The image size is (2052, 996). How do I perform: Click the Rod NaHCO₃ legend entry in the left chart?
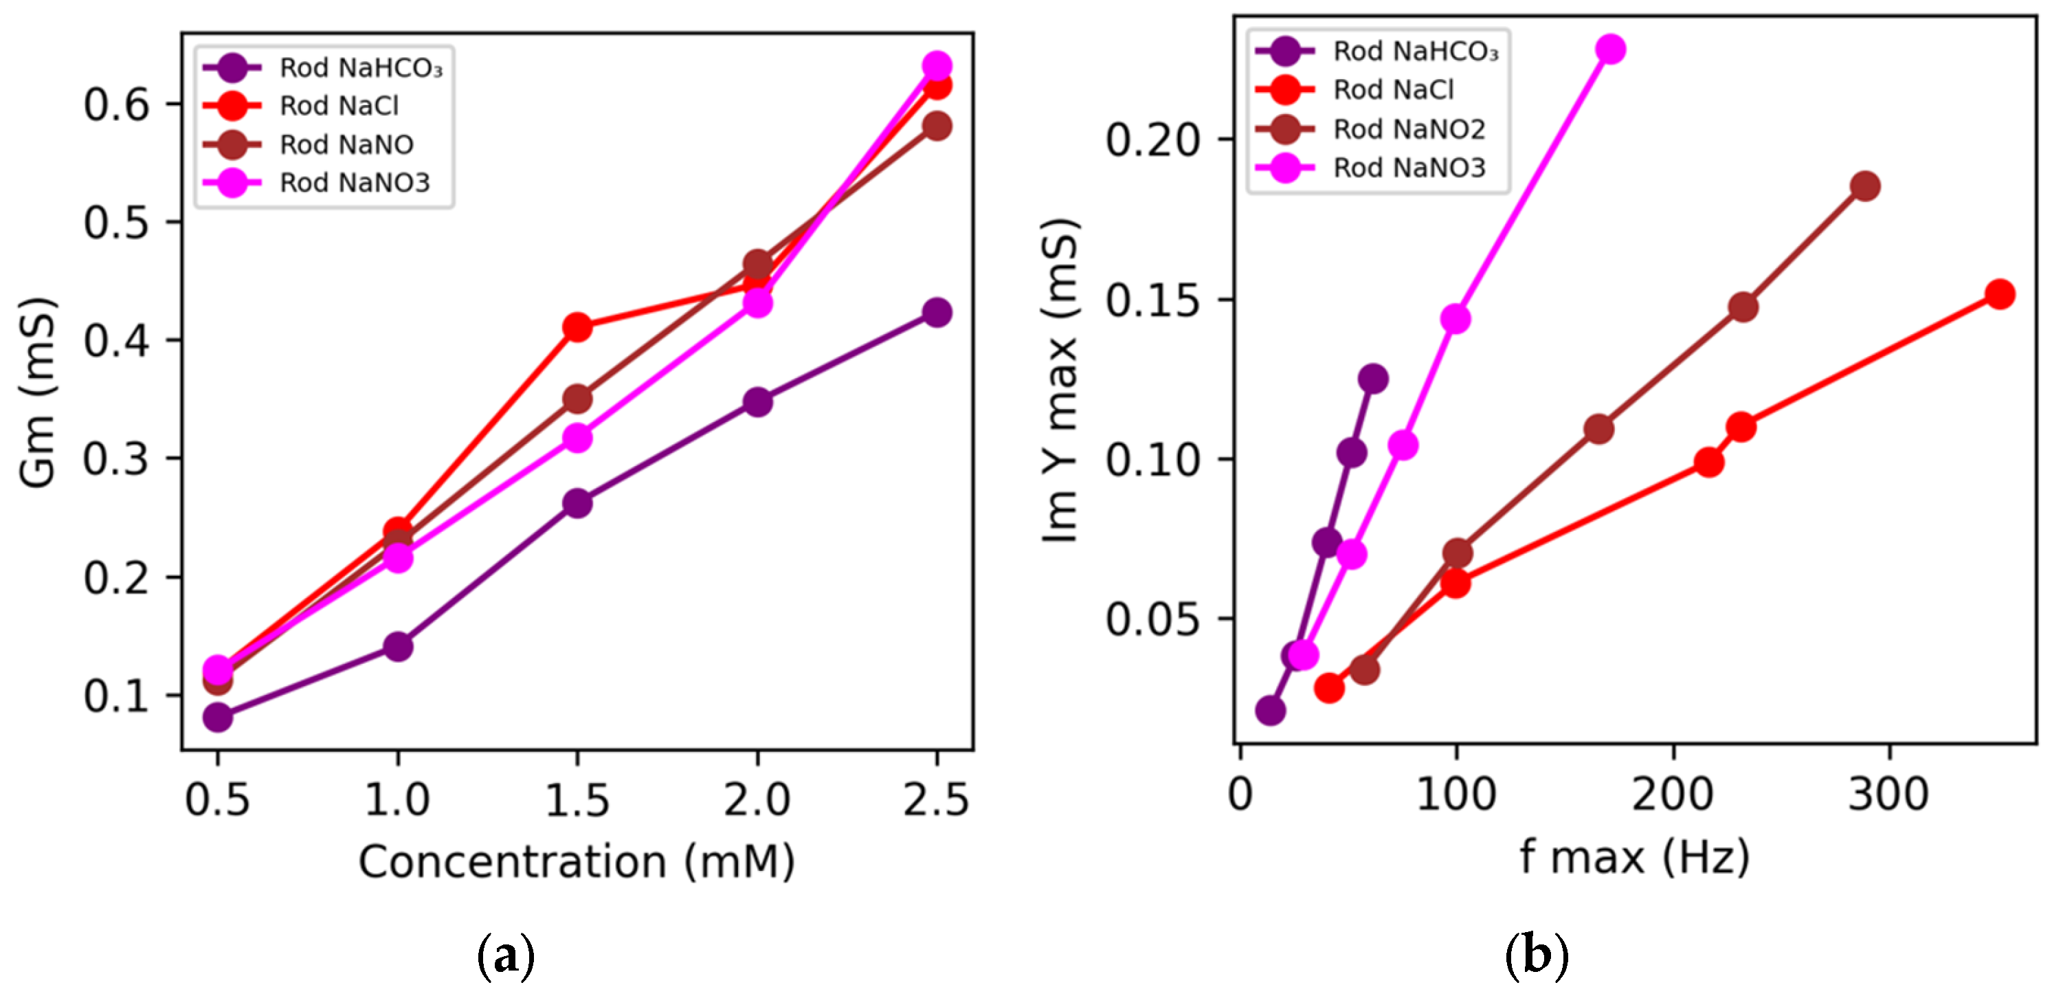point(322,68)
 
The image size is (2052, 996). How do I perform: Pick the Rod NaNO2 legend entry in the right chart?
point(1370,129)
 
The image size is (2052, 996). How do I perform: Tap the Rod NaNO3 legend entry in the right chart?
point(1370,167)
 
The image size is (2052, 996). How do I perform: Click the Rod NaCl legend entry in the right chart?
point(1354,89)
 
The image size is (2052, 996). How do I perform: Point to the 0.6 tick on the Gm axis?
point(116,104)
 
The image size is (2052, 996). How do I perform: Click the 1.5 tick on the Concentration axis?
point(577,799)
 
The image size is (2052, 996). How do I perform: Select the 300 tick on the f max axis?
point(1888,794)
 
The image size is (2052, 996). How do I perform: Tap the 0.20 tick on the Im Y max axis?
point(1152,140)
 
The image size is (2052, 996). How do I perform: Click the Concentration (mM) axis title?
point(577,862)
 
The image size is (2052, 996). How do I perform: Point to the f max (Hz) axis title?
point(1636,857)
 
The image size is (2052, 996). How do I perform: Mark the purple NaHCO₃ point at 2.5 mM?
point(937,311)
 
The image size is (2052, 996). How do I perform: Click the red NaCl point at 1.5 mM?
point(577,327)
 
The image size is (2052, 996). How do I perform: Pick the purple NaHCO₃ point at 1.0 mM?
point(397,646)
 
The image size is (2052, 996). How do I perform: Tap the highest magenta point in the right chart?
point(1611,49)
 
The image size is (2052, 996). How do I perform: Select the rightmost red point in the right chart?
point(1999,294)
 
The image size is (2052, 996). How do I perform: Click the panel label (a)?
point(506,955)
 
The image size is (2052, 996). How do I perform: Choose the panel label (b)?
point(1537,955)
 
